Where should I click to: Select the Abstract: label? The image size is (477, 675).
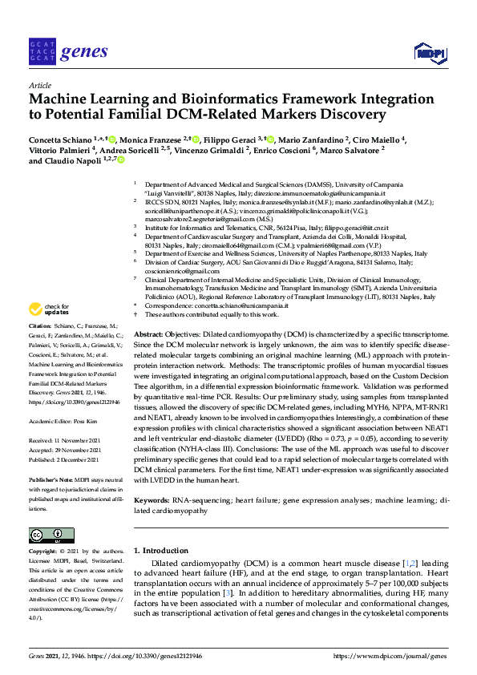149,333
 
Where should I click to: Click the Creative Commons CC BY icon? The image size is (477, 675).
46,536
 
